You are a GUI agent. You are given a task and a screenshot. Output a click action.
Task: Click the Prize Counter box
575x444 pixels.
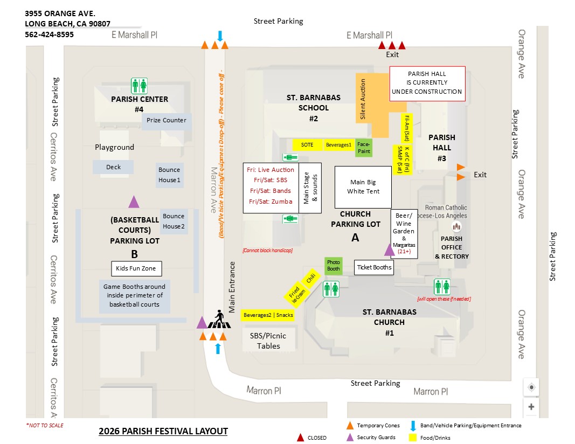click(167, 120)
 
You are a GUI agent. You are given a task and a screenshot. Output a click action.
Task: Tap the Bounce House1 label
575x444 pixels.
click(169, 175)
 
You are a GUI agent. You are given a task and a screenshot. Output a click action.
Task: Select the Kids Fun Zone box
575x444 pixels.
click(136, 268)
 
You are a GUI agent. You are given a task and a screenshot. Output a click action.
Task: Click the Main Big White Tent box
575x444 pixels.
click(363, 187)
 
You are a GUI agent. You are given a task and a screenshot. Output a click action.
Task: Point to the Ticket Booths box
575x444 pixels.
click(374, 267)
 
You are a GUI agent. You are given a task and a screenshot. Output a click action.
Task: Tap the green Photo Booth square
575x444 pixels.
click(334, 266)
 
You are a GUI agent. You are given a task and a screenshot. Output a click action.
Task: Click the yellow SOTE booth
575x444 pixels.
click(307, 145)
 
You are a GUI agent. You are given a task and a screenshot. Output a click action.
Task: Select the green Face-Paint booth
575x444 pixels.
click(364, 148)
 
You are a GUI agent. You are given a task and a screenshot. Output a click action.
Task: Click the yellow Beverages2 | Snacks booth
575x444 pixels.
click(268, 315)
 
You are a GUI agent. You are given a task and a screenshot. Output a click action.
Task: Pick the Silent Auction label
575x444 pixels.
click(363, 99)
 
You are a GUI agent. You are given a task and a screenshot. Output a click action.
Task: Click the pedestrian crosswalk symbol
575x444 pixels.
click(219, 320)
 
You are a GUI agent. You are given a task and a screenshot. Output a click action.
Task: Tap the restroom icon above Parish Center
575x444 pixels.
click(140, 86)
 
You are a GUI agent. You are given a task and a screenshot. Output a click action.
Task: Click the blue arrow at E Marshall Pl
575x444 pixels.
click(220, 36)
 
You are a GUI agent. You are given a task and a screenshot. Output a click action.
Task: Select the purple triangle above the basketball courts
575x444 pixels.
click(134, 202)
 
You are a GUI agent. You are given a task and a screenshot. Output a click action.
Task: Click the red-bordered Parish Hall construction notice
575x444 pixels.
click(427, 84)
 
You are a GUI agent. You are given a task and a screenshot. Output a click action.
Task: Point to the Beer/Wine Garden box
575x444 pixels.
click(404, 234)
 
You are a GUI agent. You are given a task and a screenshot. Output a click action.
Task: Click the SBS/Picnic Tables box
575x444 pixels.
click(268, 341)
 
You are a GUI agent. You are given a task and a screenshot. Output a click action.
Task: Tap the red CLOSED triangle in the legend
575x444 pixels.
click(300, 438)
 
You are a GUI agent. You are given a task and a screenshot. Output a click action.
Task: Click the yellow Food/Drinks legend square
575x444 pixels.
click(413, 438)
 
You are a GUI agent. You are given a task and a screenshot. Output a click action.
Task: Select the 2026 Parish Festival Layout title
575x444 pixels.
click(163, 431)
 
